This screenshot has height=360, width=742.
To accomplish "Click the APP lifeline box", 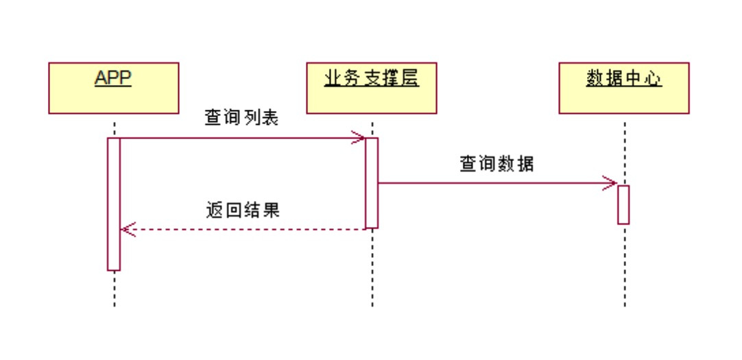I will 113,88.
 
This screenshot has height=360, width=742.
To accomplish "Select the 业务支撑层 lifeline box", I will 371,88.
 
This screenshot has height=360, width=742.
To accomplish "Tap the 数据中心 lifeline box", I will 623,88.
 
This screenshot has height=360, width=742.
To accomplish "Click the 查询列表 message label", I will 241,118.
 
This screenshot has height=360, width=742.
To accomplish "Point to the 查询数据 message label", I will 496,165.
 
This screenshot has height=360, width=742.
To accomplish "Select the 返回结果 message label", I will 243,209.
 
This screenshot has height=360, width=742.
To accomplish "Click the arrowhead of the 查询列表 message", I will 359,138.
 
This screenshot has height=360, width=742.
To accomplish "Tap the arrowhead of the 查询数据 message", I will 612,183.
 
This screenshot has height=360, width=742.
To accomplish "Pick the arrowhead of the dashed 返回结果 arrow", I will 126,229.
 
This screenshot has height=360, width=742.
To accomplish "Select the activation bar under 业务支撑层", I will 372,182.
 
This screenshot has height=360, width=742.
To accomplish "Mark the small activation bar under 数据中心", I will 623,204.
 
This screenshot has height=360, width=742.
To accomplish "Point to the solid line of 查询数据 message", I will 494,183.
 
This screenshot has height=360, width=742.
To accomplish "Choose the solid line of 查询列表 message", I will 240,138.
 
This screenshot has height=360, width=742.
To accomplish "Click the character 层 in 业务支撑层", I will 409,79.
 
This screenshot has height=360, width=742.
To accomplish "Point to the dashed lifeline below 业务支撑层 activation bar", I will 372,267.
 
